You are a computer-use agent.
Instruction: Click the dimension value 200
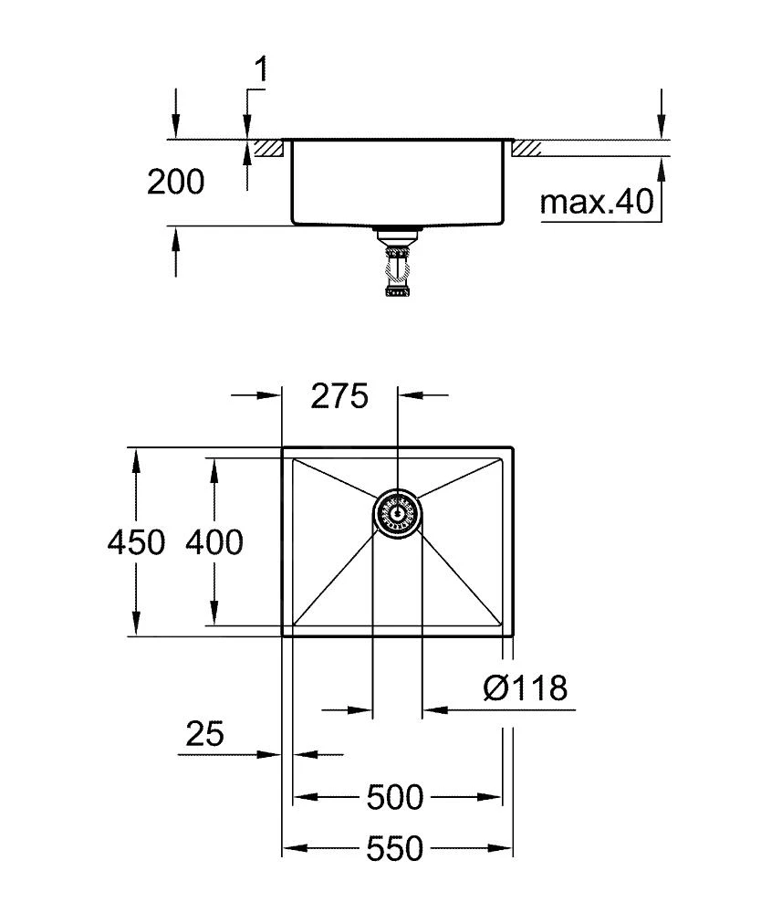click(x=176, y=183)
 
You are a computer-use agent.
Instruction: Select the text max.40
click(x=598, y=202)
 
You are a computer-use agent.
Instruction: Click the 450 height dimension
click(x=136, y=542)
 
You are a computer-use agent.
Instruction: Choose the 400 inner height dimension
click(x=214, y=542)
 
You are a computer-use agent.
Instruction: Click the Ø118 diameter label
click(x=525, y=687)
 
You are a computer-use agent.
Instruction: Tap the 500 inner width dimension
click(x=395, y=798)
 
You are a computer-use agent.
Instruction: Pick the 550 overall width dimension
click(x=395, y=849)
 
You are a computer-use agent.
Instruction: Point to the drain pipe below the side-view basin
click(x=397, y=265)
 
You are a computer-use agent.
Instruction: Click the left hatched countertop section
click(x=271, y=148)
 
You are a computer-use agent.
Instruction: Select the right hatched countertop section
click(x=526, y=148)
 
